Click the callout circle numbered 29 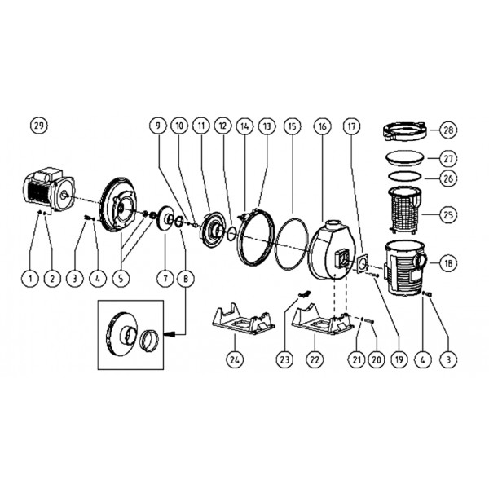[39, 126]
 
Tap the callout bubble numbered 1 [30, 278]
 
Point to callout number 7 [165, 278]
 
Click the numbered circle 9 [158, 126]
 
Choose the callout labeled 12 [223, 126]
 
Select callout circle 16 [323, 126]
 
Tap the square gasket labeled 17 [363, 264]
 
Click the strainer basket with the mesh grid [404, 209]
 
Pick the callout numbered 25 [448, 214]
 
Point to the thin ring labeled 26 [405, 176]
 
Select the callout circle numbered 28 [448, 130]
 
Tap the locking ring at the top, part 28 [405, 132]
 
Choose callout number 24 [235, 359]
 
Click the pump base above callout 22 [323, 319]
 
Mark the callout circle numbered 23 [284, 359]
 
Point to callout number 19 [399, 359]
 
